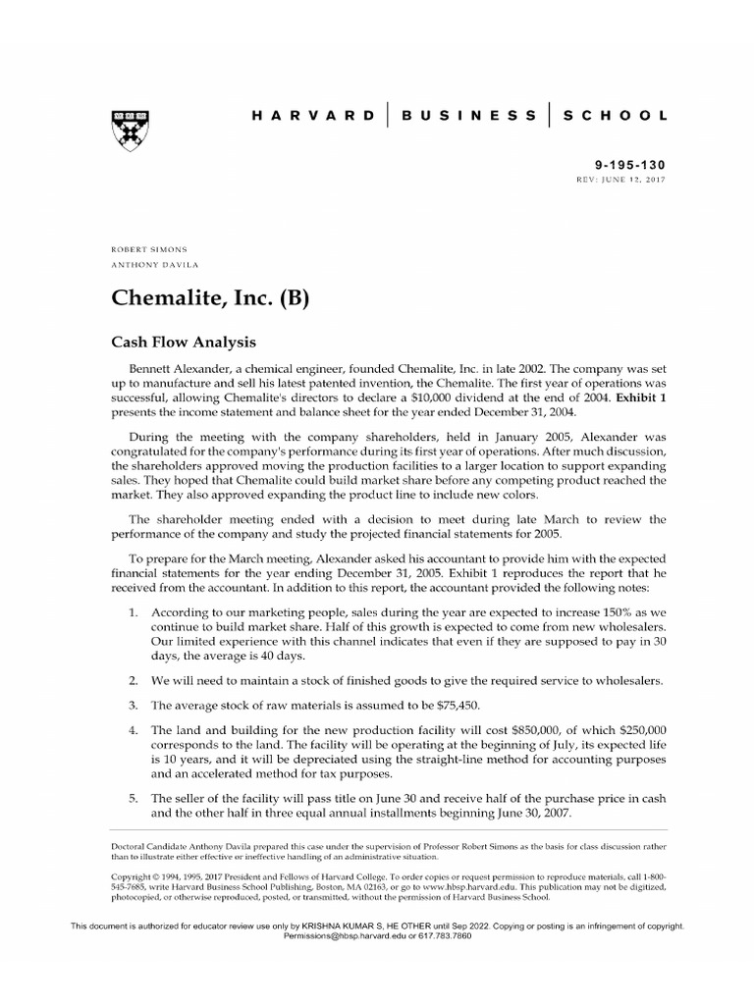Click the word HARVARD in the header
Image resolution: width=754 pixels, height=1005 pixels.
tap(313, 115)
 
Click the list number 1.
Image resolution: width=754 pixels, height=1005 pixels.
tap(133, 611)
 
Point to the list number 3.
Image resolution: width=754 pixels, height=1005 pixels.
tap(133, 705)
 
